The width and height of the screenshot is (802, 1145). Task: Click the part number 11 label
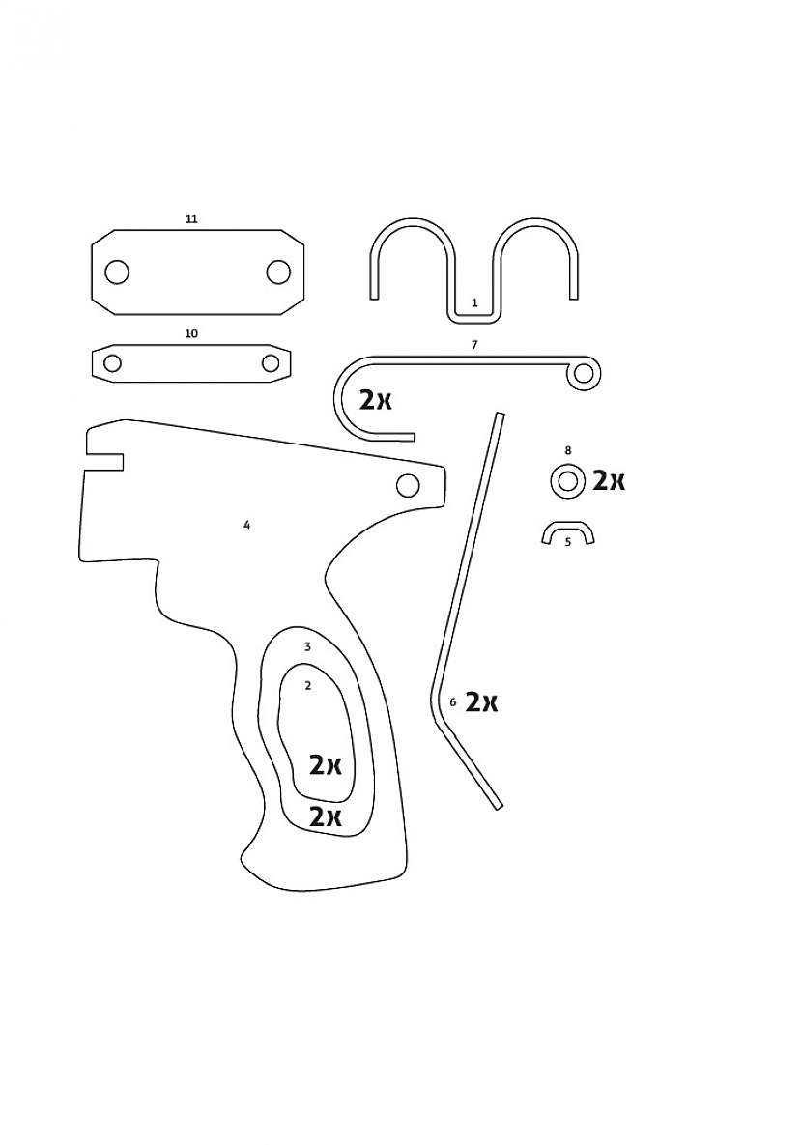191,219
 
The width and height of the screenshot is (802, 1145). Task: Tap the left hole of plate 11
117,272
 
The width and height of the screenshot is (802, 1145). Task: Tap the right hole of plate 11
278,272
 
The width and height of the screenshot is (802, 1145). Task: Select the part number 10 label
191,333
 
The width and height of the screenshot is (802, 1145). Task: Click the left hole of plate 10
112,363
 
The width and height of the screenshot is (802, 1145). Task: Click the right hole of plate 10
271,363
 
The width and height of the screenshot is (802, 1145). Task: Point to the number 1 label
474,302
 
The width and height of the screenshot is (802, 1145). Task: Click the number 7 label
474,345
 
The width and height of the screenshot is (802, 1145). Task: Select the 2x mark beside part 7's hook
376,399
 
